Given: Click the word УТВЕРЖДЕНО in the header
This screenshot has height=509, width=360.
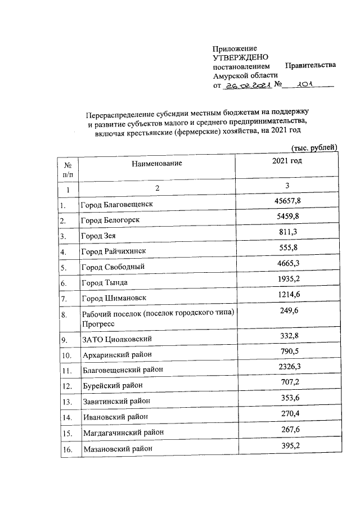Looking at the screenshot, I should pos(241,57).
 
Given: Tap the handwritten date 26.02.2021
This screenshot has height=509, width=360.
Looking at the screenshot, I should pos(248,85).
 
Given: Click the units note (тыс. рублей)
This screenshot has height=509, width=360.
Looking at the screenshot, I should pos(314,147).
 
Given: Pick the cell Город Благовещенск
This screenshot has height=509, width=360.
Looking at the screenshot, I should pos(117,205).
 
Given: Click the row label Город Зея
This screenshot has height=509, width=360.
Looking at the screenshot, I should pos(98,236).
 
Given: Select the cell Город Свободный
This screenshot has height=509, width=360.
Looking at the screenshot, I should pos(113,267).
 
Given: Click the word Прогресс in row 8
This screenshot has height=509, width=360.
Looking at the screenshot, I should pos(98,325).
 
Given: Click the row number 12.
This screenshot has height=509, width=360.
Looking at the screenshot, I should pos(67,386).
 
